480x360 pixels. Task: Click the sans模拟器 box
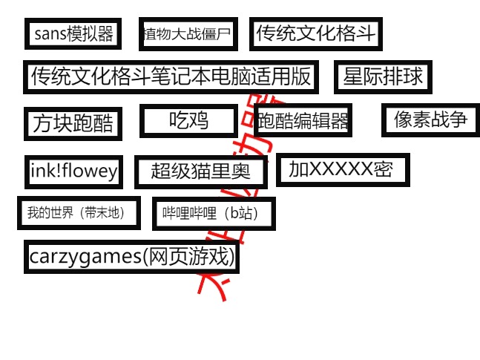[73, 33]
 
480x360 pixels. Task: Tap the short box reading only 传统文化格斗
[315, 33]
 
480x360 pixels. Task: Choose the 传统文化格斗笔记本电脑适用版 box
[171, 76]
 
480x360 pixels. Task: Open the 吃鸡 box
[188, 120]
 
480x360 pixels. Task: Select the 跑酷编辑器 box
[302, 120]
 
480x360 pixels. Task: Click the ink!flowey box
[73, 171]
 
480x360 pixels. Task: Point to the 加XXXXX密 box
[342, 169]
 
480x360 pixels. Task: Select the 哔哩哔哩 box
[213, 214]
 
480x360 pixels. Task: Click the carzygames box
[132, 257]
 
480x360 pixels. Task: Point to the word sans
[50, 33]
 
